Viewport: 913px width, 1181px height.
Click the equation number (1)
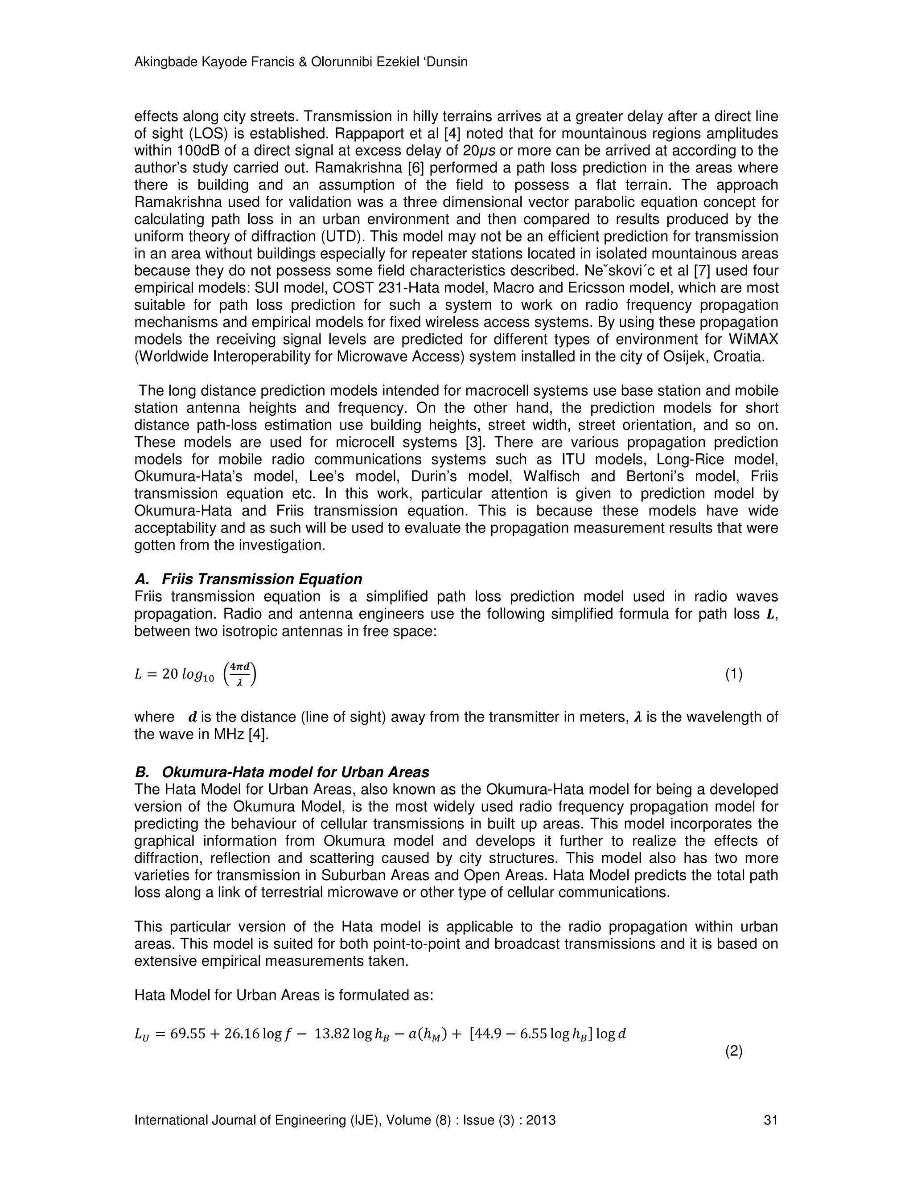pos(733,674)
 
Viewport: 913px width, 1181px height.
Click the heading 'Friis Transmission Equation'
pos(262,579)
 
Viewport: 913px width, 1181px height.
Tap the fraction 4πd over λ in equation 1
pos(239,674)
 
